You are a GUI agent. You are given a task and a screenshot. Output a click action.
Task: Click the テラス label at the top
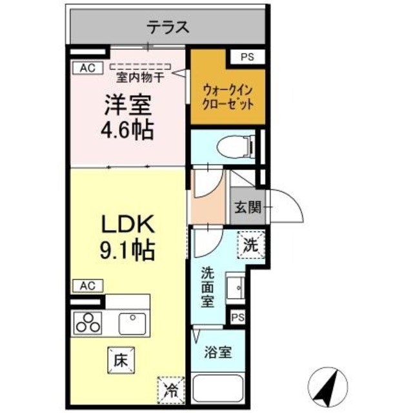point(167,27)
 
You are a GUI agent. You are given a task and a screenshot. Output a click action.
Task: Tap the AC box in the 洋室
point(86,66)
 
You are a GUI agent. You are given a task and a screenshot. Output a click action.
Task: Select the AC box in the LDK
point(86,285)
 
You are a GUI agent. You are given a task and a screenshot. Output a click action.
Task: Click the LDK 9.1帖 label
point(127,236)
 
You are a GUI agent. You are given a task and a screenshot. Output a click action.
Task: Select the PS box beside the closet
point(248,57)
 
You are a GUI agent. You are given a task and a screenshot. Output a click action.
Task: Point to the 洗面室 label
point(207,288)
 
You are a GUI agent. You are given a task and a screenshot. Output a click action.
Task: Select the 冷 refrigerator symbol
point(170,389)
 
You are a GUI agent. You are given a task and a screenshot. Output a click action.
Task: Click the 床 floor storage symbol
point(119,359)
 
